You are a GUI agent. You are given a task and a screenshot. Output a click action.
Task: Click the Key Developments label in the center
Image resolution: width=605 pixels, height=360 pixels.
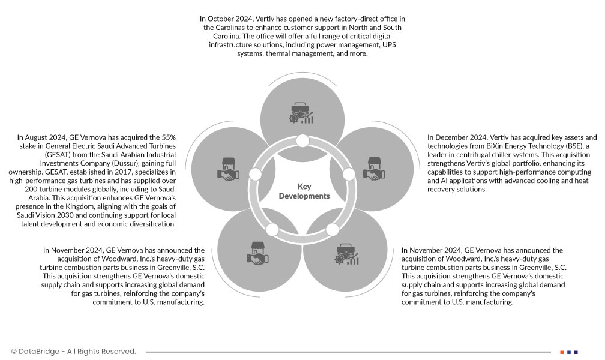click(x=304, y=191)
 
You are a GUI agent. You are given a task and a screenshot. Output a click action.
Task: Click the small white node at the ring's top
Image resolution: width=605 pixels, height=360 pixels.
click(x=303, y=141)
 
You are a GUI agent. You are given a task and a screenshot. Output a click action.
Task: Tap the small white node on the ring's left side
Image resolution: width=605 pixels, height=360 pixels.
click(x=255, y=175)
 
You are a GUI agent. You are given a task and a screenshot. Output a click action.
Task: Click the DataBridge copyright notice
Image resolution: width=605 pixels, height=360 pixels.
click(x=73, y=352)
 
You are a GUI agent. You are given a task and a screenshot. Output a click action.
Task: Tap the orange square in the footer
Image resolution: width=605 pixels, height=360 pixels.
click(x=562, y=352)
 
